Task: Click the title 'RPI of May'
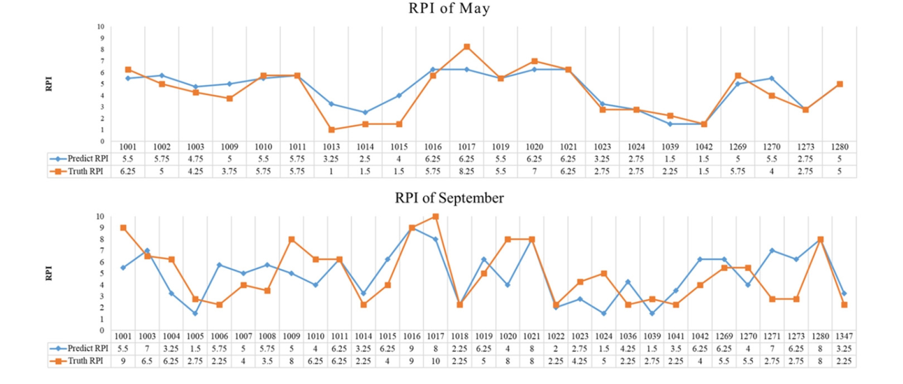click(x=449, y=9)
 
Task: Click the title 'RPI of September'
click(x=449, y=198)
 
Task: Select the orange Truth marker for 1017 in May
click(x=467, y=47)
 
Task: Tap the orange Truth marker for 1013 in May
click(x=331, y=130)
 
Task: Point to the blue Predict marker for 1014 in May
click(x=365, y=112)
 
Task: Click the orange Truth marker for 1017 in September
click(x=435, y=216)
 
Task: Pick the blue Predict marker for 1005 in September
click(x=195, y=313)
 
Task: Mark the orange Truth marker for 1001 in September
click(x=123, y=228)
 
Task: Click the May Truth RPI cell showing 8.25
click(x=467, y=171)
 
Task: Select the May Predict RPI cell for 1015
click(x=399, y=159)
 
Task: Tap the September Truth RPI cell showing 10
click(x=435, y=361)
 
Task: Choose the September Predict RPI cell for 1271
click(x=772, y=349)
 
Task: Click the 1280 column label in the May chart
click(x=839, y=147)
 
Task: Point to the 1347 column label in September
click(x=844, y=336)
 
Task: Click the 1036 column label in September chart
click(x=628, y=336)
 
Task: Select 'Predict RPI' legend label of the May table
click(x=88, y=159)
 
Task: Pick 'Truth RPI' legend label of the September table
click(x=85, y=361)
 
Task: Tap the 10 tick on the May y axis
click(x=101, y=27)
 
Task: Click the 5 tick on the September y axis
click(x=102, y=274)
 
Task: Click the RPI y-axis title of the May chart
click(x=49, y=84)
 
